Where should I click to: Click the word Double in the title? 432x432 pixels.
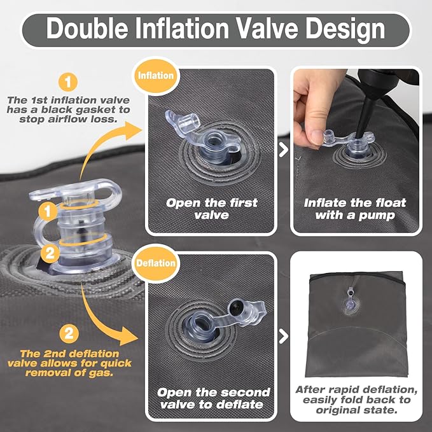click(87, 29)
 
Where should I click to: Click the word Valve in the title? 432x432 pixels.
click(267, 29)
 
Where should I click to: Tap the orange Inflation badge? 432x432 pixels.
click(156, 76)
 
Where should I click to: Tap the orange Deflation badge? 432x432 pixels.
click(156, 263)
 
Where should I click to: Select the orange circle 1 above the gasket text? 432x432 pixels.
click(68, 82)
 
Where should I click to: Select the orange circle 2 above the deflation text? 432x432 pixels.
click(69, 333)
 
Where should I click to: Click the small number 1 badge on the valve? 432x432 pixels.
click(48, 212)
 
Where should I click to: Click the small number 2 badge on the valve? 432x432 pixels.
click(50, 253)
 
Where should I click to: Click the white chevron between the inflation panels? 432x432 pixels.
click(284, 150)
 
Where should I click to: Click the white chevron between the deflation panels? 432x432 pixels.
click(284, 337)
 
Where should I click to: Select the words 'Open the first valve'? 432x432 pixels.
click(212, 209)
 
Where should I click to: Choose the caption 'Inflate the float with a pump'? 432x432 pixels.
click(355, 209)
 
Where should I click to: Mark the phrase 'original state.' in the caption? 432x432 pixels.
click(356, 410)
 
